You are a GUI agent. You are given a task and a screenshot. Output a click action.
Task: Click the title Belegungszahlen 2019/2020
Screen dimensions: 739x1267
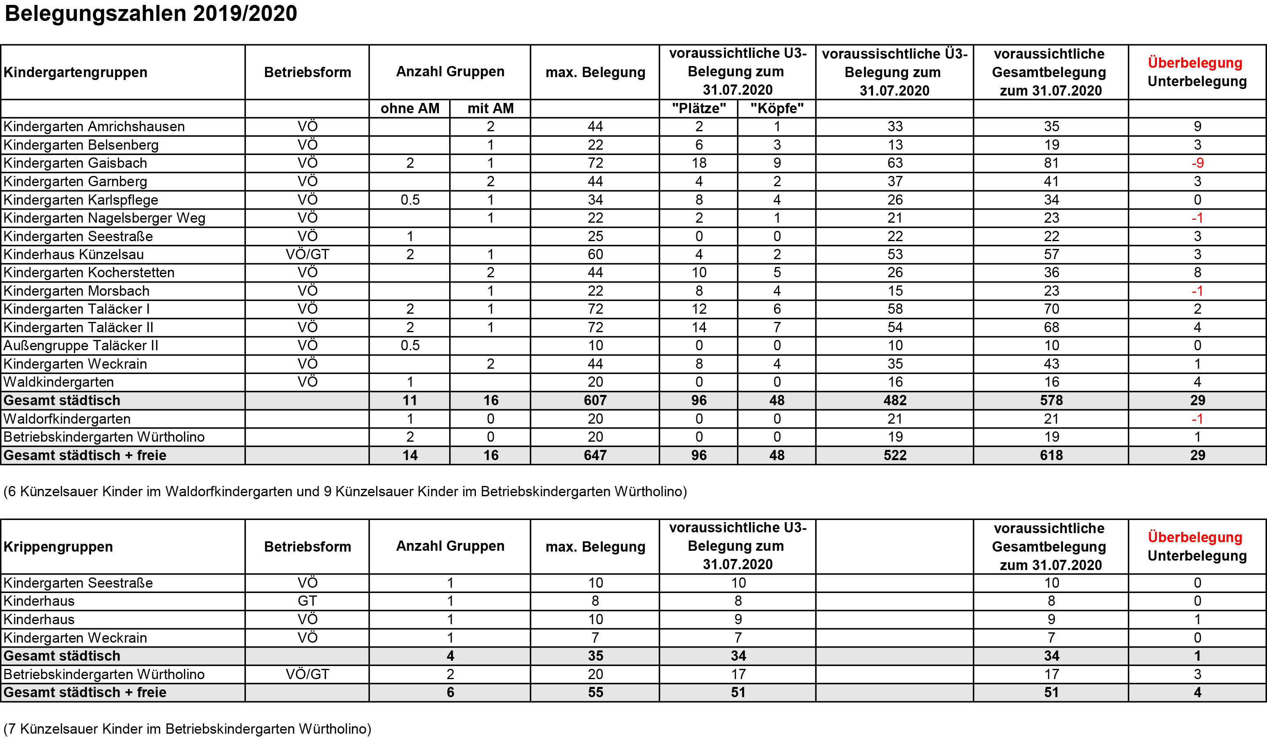pos(151,14)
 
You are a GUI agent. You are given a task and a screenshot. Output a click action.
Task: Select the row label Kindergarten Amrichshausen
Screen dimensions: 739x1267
pos(94,127)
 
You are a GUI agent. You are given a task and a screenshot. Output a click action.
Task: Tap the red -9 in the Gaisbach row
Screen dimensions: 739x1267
pos(1197,163)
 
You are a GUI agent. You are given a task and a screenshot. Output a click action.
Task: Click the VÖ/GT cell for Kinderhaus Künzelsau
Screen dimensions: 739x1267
pos(307,255)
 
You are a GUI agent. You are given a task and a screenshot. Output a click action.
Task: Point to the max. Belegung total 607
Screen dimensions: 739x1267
pos(595,400)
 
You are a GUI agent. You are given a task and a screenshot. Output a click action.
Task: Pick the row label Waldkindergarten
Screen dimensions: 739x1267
pos(59,382)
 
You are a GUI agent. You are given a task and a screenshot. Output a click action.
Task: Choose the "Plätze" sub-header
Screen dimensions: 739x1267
pos(699,109)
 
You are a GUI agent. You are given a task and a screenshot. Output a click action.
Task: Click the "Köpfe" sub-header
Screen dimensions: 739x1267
pos(777,109)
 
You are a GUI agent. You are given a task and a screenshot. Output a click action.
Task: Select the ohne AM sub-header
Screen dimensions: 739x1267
pos(410,109)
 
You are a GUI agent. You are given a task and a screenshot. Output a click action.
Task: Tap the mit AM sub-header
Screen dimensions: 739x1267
pos(490,109)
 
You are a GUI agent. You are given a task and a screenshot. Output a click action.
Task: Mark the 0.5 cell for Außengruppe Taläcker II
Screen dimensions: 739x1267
pos(410,346)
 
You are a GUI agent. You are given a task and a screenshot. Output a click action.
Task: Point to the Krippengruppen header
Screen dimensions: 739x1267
pos(58,547)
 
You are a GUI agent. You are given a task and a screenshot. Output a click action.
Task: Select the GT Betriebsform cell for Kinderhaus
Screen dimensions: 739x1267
pos(307,601)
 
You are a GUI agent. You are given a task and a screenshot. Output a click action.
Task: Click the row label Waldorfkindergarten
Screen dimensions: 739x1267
pos(67,419)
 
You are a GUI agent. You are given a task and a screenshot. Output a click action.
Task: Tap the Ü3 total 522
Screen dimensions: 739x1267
pos(895,455)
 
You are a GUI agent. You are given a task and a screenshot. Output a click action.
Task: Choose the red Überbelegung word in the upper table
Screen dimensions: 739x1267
pos(1195,63)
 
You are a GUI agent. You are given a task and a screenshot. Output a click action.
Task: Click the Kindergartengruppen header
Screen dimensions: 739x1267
pos(76,72)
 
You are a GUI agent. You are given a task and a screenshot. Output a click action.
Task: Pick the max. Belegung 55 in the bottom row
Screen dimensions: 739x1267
pos(595,692)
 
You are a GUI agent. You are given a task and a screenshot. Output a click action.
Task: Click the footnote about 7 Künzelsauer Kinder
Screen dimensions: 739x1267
pos(187,729)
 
